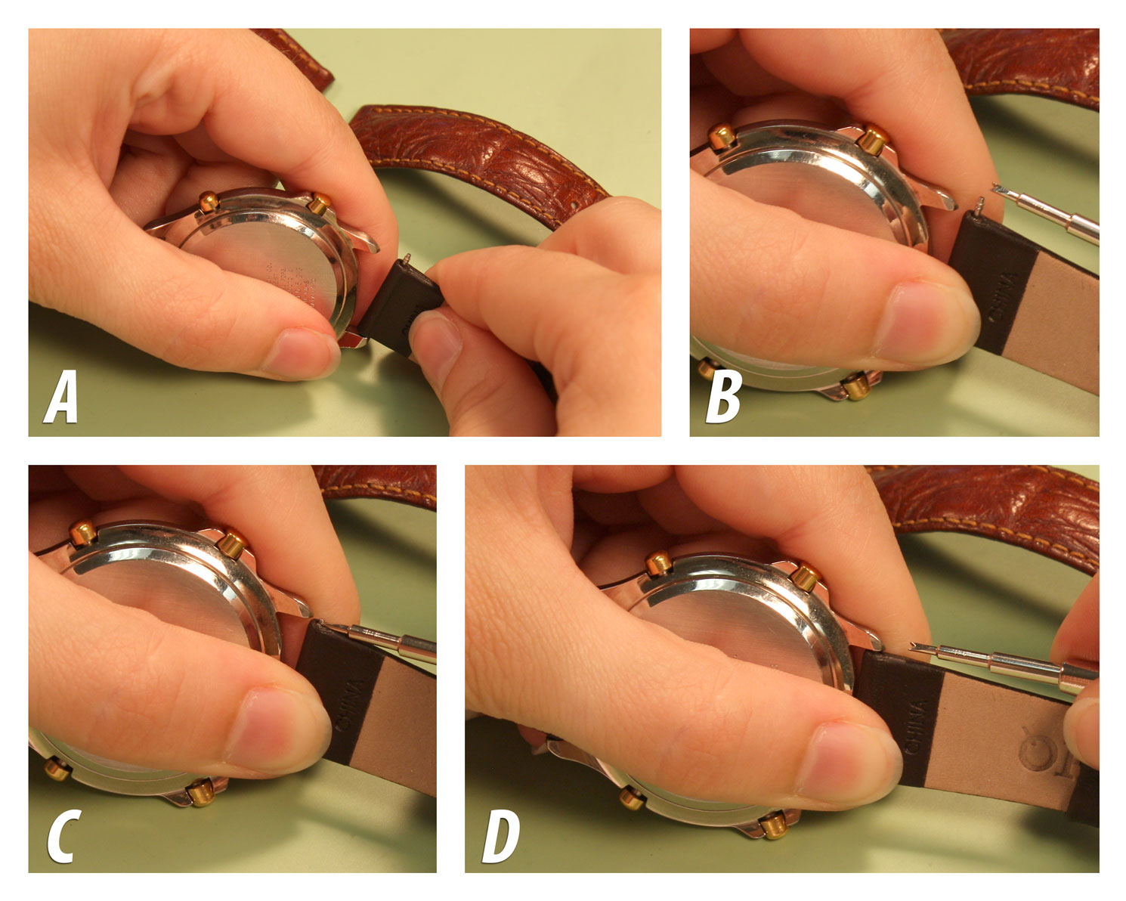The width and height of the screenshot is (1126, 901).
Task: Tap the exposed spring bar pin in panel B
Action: point(980,203)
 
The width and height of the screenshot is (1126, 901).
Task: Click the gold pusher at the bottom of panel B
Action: point(855,388)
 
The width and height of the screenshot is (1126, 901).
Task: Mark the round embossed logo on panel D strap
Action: point(1036,748)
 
